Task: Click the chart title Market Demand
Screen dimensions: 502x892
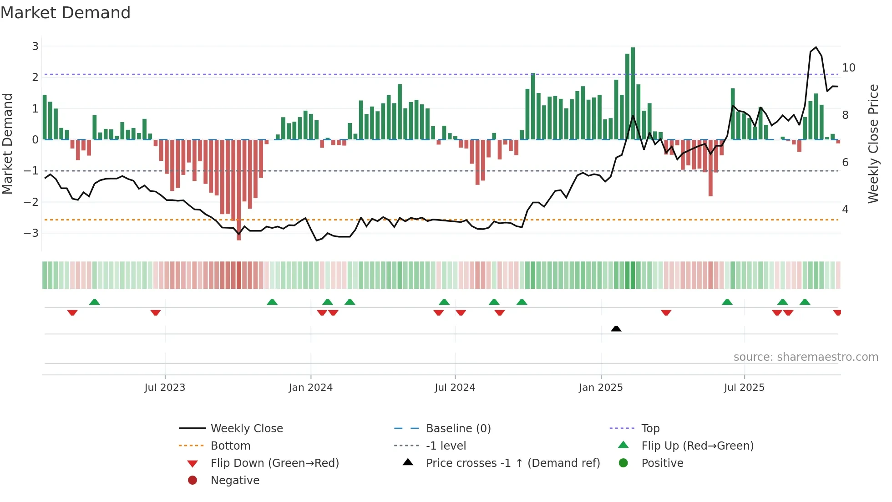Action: click(x=66, y=13)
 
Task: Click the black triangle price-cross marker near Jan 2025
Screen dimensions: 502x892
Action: click(x=616, y=328)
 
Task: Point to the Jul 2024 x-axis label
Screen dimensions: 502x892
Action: click(x=455, y=388)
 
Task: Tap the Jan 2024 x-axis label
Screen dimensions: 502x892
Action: click(x=310, y=388)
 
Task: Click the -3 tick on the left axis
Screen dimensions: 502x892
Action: click(x=31, y=233)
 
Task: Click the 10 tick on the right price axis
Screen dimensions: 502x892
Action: click(x=849, y=68)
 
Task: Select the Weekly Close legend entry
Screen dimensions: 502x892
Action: click(x=246, y=429)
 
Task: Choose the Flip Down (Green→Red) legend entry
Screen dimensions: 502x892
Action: click(x=274, y=463)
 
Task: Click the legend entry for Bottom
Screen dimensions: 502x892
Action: click(x=230, y=446)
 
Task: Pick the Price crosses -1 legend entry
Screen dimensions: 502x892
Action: click(x=512, y=463)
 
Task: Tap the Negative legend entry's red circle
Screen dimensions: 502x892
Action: click(x=193, y=481)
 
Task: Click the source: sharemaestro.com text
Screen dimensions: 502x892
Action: click(x=806, y=357)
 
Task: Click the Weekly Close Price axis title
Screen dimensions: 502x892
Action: click(x=873, y=143)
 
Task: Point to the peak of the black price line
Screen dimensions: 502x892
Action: click(x=816, y=47)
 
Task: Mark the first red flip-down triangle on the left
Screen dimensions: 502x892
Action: click(x=72, y=312)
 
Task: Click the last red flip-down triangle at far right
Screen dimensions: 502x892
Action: click(x=837, y=312)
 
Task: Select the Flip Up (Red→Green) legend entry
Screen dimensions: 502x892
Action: click(x=697, y=446)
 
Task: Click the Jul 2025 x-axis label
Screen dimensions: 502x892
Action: click(x=744, y=388)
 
